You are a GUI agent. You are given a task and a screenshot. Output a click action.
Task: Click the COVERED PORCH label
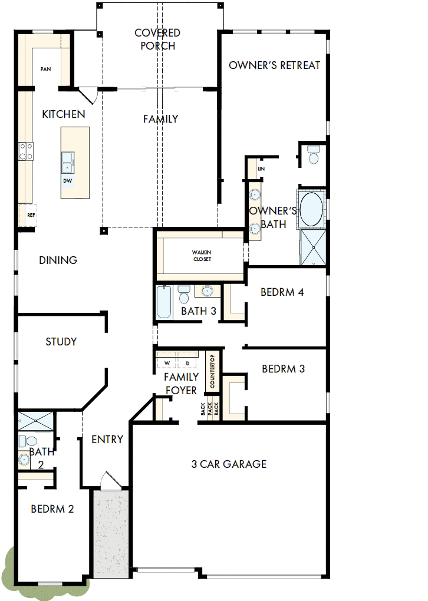point(157,39)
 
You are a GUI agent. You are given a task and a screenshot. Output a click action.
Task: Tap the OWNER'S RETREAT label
point(274,65)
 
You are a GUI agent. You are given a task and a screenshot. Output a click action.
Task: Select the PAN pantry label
point(45,70)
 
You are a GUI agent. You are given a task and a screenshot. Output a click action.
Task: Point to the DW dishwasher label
point(68,180)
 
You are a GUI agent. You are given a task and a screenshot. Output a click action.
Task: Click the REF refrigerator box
point(31,215)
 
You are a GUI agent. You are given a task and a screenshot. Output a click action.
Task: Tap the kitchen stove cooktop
point(26,151)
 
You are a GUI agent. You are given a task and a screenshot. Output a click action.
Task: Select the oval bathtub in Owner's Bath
point(312,209)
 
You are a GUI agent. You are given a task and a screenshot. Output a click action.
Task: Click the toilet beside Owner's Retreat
point(314,155)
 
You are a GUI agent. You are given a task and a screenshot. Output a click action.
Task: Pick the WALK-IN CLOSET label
point(200,255)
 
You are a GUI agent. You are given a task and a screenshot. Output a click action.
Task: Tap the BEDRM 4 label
point(282,292)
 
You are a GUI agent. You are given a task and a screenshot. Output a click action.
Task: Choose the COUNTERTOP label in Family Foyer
point(212,371)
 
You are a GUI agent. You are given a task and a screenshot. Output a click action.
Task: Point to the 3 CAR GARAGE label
point(229,464)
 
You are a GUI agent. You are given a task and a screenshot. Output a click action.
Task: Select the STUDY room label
point(61,342)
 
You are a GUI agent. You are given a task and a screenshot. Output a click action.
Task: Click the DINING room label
point(58,260)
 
